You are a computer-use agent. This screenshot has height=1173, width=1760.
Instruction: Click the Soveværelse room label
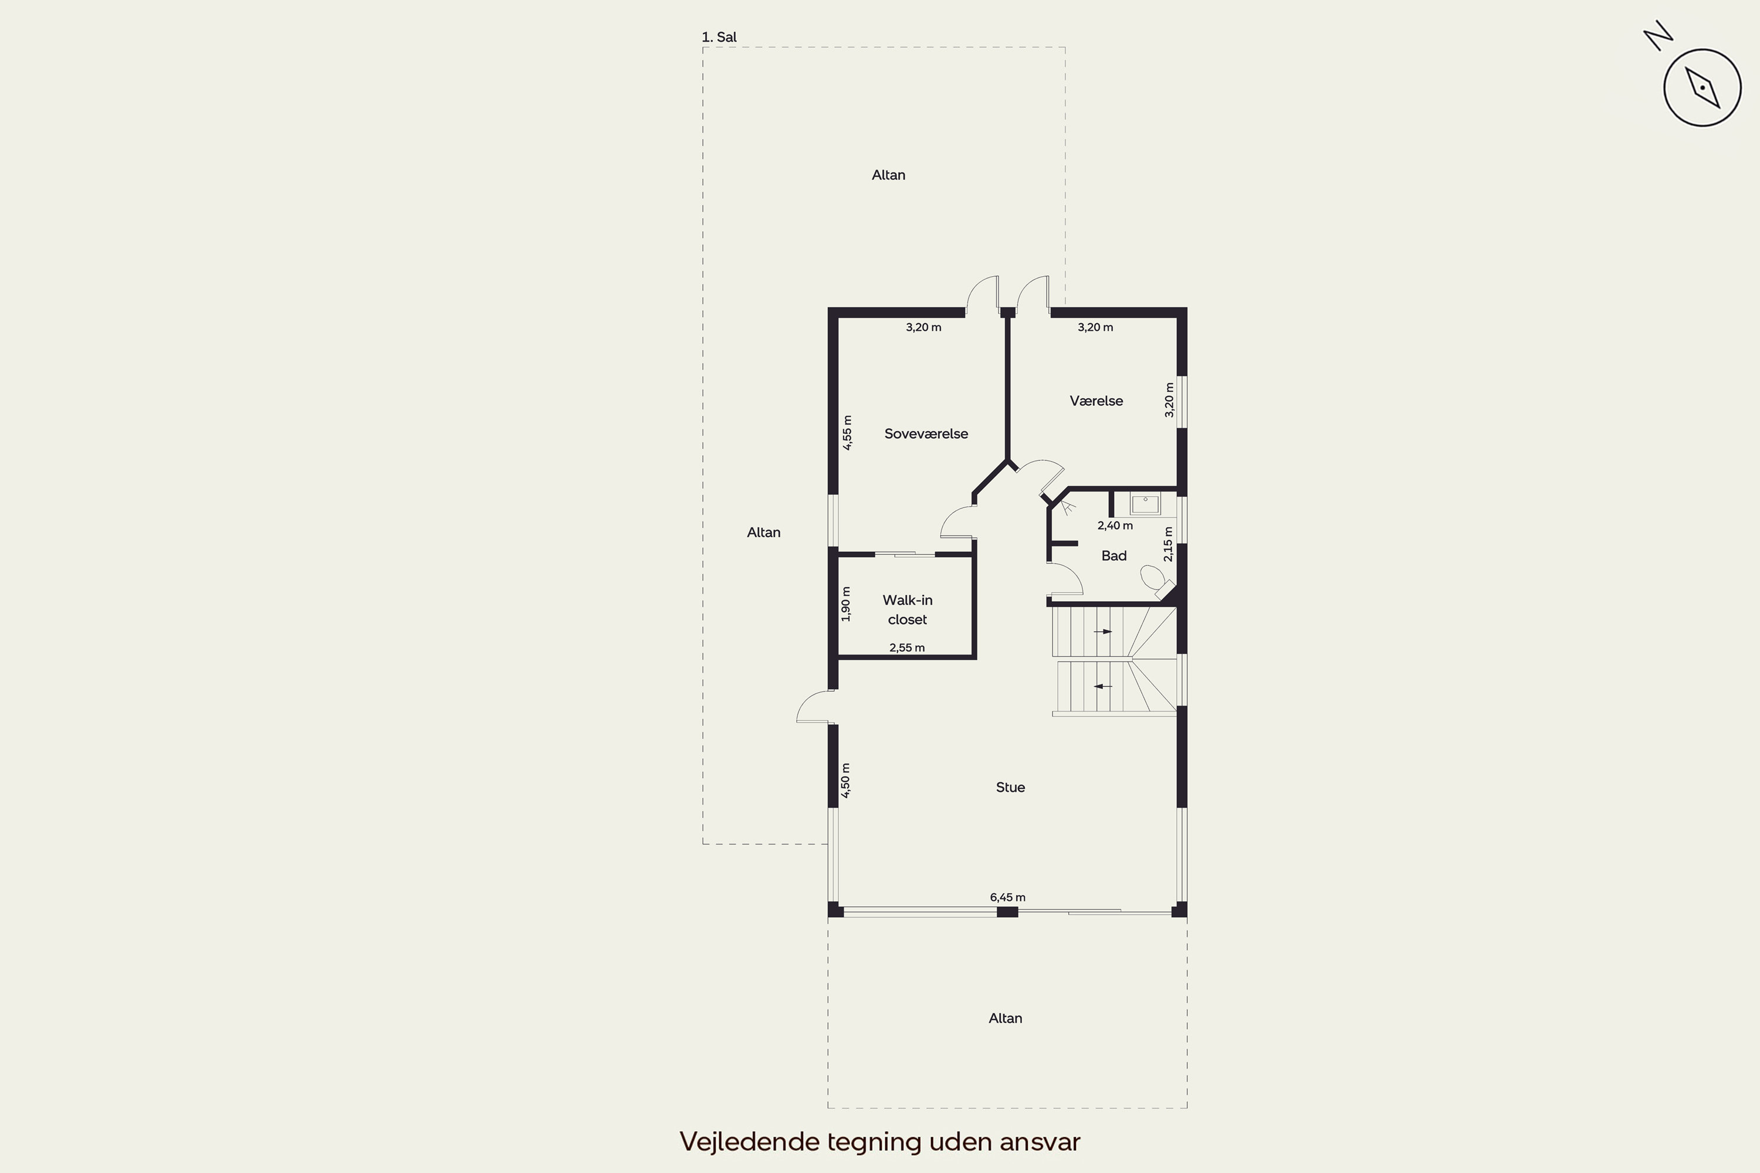pyautogui.click(x=926, y=434)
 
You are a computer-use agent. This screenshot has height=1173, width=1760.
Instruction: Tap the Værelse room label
pyautogui.click(x=1096, y=401)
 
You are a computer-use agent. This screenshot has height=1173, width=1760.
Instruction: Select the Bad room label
pyautogui.click(x=1113, y=556)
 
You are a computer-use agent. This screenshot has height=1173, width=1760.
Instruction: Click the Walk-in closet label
pyautogui.click(x=907, y=610)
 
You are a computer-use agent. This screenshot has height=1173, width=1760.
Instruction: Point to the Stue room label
pyautogui.click(x=1010, y=787)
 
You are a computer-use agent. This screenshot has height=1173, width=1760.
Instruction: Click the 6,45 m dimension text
pyautogui.click(x=1007, y=897)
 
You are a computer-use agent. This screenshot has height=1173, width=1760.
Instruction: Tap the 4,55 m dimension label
pyautogui.click(x=847, y=432)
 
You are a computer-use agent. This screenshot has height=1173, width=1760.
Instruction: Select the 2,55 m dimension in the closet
pyautogui.click(x=907, y=648)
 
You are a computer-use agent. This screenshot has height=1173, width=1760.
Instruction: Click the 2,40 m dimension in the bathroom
pyautogui.click(x=1115, y=526)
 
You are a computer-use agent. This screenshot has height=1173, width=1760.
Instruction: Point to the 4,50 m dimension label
pyautogui.click(x=845, y=780)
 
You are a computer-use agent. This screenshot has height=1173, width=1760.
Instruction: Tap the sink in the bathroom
pyautogui.click(x=1145, y=504)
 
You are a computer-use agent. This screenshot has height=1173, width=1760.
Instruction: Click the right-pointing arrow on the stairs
pyautogui.click(x=1103, y=632)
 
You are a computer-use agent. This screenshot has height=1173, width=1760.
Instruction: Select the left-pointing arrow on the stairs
pyautogui.click(x=1103, y=686)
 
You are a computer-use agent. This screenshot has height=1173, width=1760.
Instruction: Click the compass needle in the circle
pyautogui.click(x=1703, y=87)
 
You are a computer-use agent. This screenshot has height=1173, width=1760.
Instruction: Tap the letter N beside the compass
pyautogui.click(x=1659, y=35)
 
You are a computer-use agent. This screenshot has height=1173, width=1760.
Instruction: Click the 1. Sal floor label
pyautogui.click(x=719, y=36)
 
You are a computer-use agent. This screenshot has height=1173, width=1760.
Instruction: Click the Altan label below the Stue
pyautogui.click(x=1005, y=1018)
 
